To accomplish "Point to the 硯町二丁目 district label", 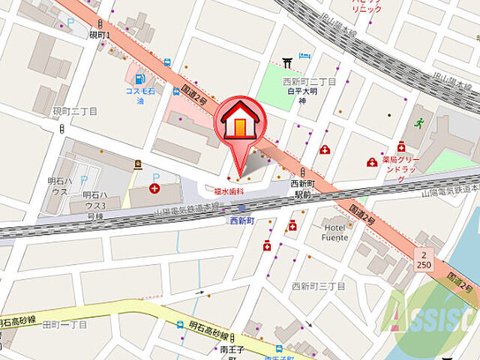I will coord(75,111).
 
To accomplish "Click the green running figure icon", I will coord(418,121).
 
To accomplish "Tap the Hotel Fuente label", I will coord(335,232).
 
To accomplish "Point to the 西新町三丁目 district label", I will coord(318,286).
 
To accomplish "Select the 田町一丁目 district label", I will coord(64,325).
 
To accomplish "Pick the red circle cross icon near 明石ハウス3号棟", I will coord(154,188).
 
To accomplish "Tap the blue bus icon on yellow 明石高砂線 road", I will coord(179,325).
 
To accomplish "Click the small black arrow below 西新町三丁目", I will coord(307,325).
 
